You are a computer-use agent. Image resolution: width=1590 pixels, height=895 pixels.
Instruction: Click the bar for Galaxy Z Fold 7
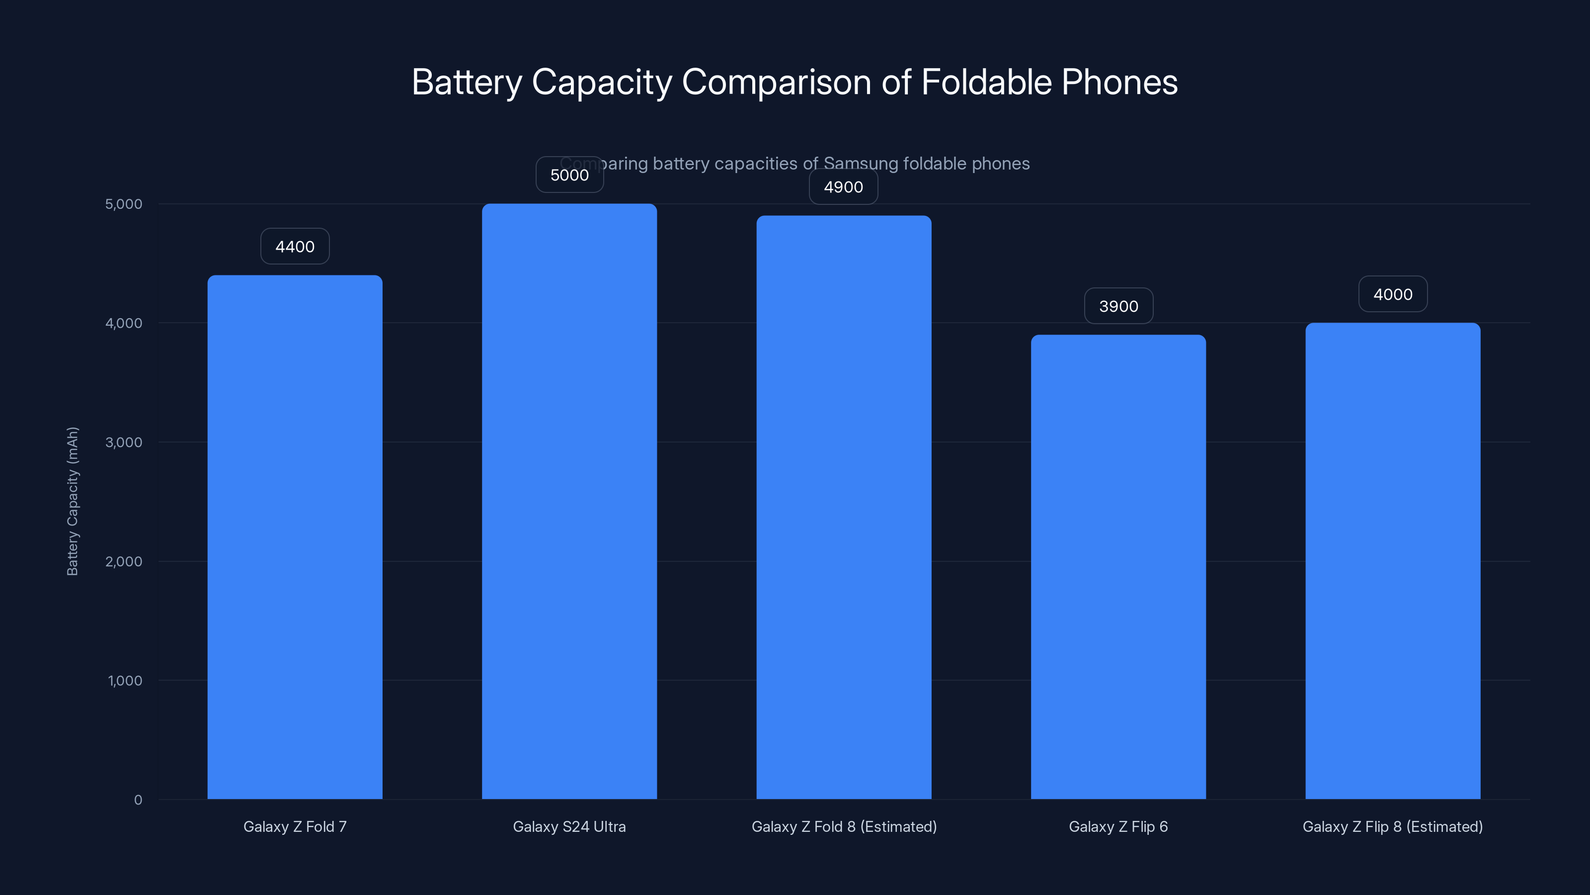pyautogui.click(x=295, y=537)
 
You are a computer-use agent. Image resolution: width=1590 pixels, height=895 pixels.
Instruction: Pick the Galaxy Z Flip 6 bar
pyautogui.click(x=1118, y=567)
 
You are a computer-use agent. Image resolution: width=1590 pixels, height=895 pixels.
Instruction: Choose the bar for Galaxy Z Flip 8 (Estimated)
pyautogui.click(x=1392, y=561)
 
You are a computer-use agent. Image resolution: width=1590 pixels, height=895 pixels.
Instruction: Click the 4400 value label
pyautogui.click(x=295, y=247)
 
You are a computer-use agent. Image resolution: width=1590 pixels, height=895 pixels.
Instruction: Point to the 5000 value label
pyautogui.click(x=569, y=175)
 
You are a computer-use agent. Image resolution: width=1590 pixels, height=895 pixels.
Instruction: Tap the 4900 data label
pyautogui.click(x=843, y=187)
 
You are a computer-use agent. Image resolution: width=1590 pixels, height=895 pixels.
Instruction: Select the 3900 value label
pyautogui.click(x=1118, y=306)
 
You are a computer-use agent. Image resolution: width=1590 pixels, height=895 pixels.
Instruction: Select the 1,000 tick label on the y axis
pyautogui.click(x=125, y=681)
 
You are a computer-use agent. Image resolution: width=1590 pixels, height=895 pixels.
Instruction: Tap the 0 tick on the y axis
pyautogui.click(x=138, y=800)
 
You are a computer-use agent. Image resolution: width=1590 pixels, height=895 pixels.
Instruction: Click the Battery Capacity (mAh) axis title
pyautogui.click(x=73, y=501)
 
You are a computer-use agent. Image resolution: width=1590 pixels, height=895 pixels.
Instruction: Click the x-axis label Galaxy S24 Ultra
pyautogui.click(x=569, y=826)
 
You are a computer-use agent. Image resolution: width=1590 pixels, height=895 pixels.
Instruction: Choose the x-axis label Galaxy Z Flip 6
pyautogui.click(x=1118, y=826)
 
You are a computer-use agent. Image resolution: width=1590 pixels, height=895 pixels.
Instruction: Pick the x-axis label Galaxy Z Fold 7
pyautogui.click(x=295, y=826)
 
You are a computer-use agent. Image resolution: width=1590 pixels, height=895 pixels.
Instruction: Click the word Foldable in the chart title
pyautogui.click(x=986, y=82)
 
